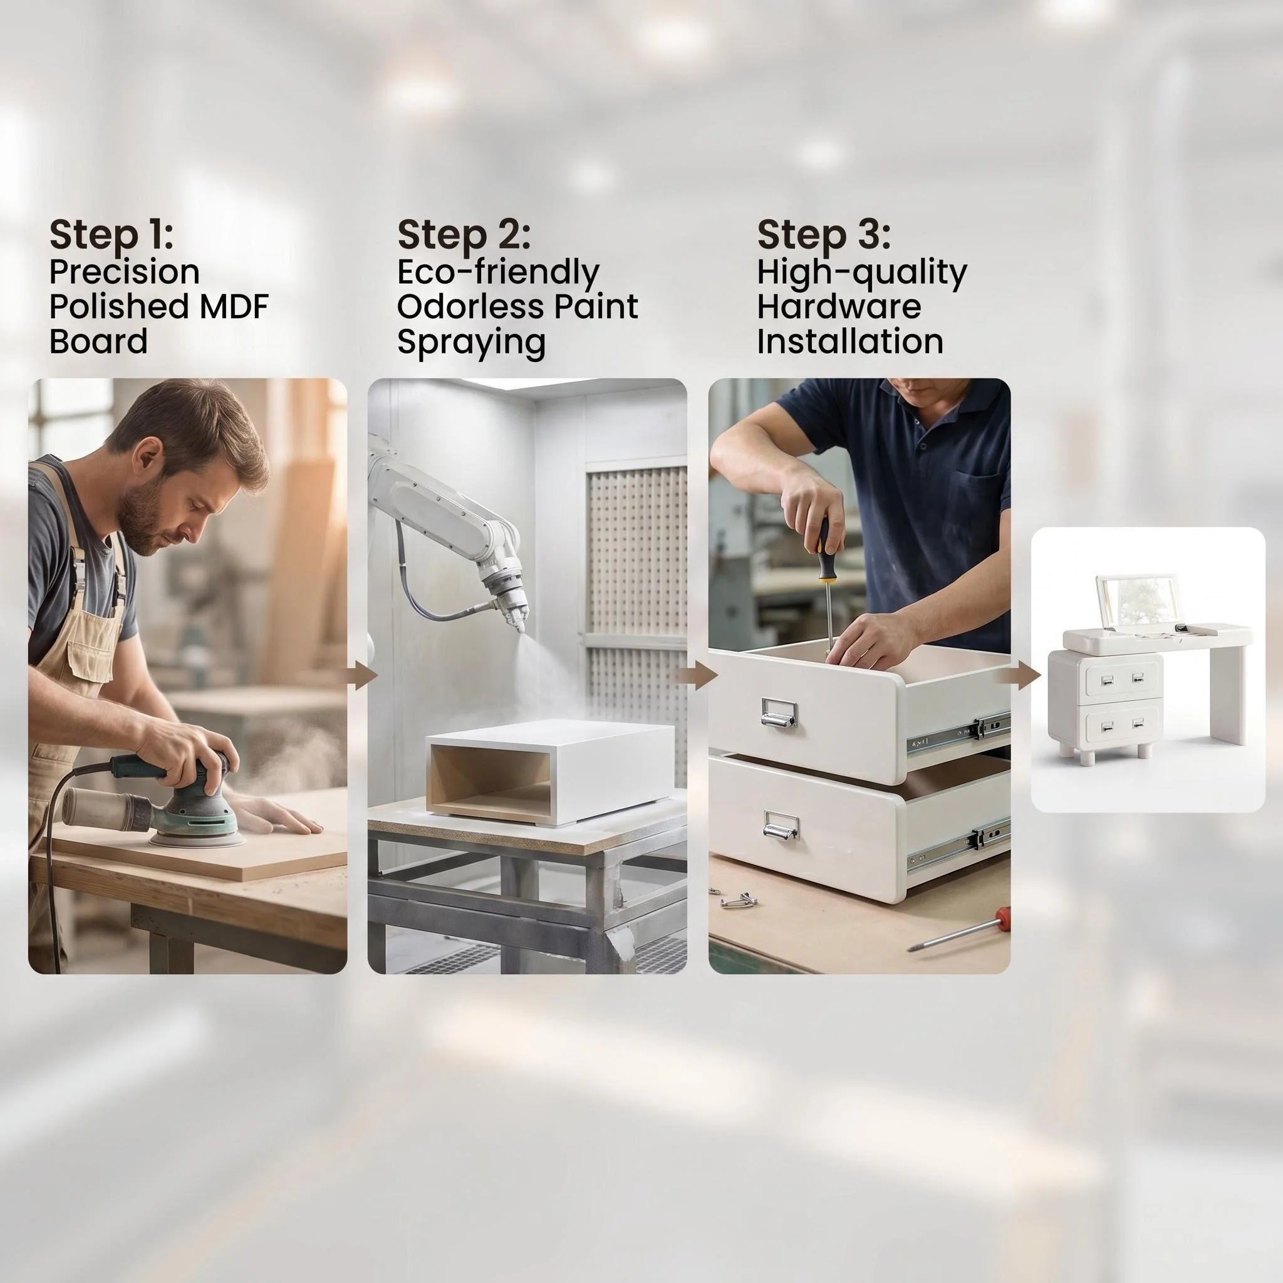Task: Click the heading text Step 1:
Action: click(x=111, y=234)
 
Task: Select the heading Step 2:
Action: click(x=464, y=234)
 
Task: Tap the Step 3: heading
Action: click(x=823, y=234)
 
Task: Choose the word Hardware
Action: click(x=839, y=306)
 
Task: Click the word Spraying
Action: click(x=471, y=343)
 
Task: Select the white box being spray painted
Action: click(x=549, y=772)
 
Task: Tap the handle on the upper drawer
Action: click(x=778, y=712)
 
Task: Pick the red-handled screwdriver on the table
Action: click(x=958, y=930)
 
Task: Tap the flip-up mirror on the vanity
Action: click(x=1136, y=601)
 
